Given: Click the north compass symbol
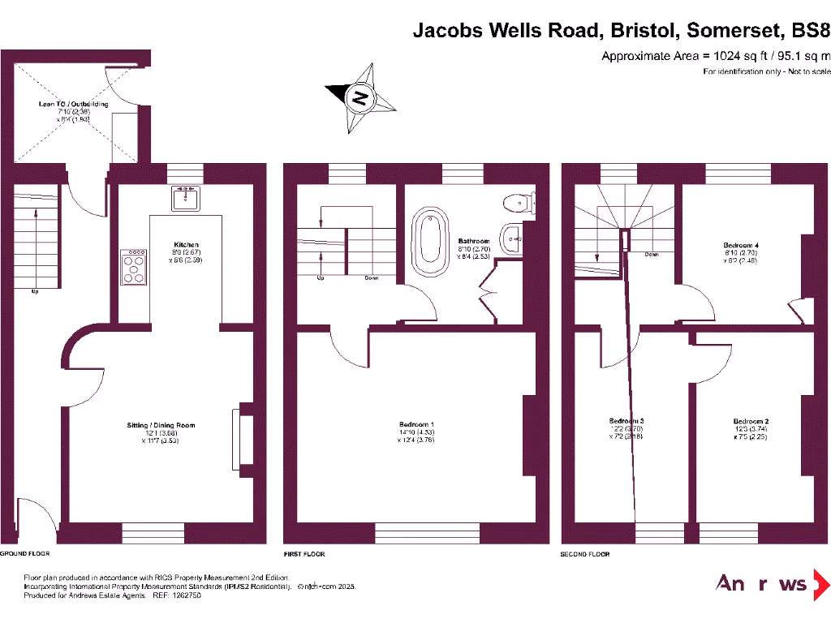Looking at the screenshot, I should [x=360, y=99].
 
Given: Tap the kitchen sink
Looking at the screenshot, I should [x=186, y=197].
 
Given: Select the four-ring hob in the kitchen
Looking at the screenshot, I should [x=135, y=267].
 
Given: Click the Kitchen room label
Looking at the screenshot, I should [x=186, y=244].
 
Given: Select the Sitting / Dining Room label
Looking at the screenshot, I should [x=161, y=425].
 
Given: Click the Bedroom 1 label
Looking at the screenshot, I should [x=416, y=425].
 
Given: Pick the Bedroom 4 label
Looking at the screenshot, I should [x=740, y=244].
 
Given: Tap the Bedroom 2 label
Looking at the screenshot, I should [x=751, y=421].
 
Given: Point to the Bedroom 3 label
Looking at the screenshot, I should [x=626, y=421].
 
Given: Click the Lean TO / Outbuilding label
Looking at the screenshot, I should [x=73, y=104].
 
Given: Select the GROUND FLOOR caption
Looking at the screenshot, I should [x=25, y=554].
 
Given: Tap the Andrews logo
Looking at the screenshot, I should [x=772, y=583].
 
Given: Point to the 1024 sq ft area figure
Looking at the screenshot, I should [x=730, y=56].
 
